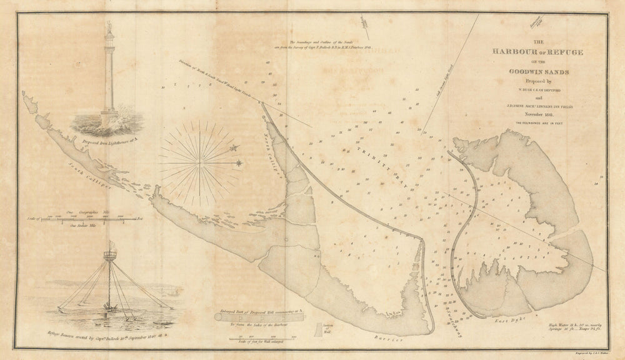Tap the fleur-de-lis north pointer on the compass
(x=235, y=148)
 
